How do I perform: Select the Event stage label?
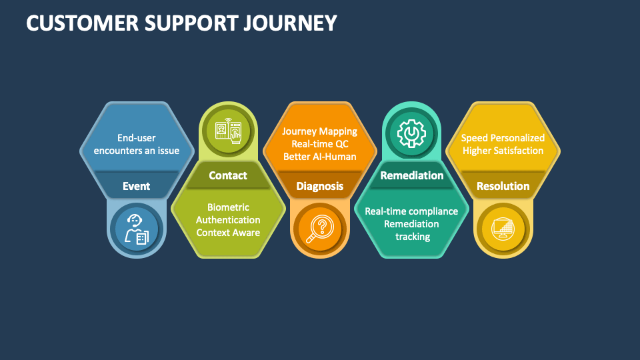point(137,186)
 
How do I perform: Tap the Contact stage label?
point(228,175)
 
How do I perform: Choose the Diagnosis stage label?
point(319,186)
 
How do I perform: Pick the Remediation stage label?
point(411,175)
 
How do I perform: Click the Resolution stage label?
point(503,186)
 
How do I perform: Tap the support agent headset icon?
point(137,229)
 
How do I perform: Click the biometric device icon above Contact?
point(228,131)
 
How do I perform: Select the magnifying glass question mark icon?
point(319,229)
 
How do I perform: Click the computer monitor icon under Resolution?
point(503,229)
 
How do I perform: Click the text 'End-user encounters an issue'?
point(137,144)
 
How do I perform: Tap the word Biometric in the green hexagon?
point(228,207)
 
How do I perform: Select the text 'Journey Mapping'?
point(319,131)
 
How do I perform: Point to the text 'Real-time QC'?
point(319,144)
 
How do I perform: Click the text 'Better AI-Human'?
point(319,157)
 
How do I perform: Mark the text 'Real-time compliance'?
point(411,211)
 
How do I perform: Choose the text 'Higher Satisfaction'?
point(503,151)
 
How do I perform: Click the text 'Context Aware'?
point(228,233)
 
